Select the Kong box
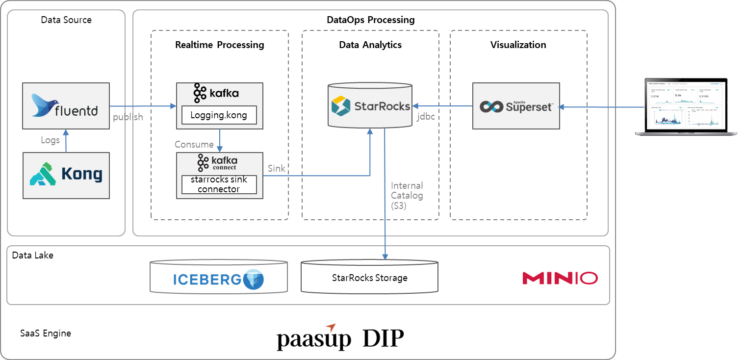(x=66, y=175)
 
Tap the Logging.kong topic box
(x=219, y=116)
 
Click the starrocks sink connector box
(x=219, y=184)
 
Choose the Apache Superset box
(x=515, y=106)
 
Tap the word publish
(x=128, y=117)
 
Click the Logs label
(x=50, y=140)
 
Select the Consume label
(x=194, y=145)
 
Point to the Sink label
(x=277, y=169)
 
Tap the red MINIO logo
(x=560, y=279)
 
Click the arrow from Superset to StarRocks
(x=442, y=106)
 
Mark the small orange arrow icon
(x=331, y=328)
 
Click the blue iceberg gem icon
(x=254, y=280)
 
